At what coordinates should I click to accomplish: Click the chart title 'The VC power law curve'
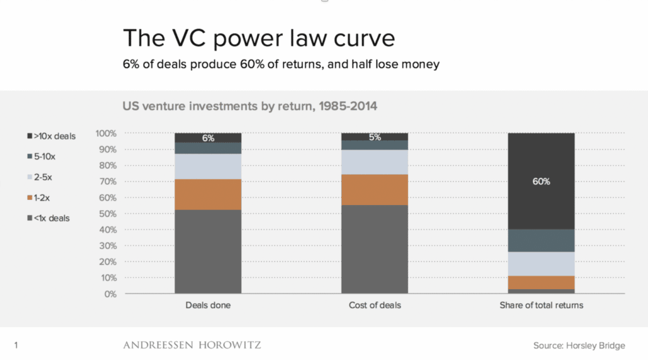coord(259,39)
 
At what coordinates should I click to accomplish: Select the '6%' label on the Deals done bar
coord(208,138)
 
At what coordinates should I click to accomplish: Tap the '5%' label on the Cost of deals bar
coord(375,137)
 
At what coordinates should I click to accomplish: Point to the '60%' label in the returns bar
coord(541,182)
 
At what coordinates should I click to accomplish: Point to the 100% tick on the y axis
coord(106,133)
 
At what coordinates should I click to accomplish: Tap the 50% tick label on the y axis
coord(107,214)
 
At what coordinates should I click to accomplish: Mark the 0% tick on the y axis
coord(110,294)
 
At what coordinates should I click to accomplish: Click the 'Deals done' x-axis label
coord(208,306)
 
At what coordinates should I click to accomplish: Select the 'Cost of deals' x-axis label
coord(375,306)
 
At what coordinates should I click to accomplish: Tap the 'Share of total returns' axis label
coord(541,306)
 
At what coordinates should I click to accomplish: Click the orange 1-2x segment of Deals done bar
coord(208,194)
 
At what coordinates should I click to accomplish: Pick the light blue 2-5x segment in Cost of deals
coord(375,162)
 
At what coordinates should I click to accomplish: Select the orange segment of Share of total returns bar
coord(541,282)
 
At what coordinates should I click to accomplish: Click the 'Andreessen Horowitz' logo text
coord(192,345)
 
